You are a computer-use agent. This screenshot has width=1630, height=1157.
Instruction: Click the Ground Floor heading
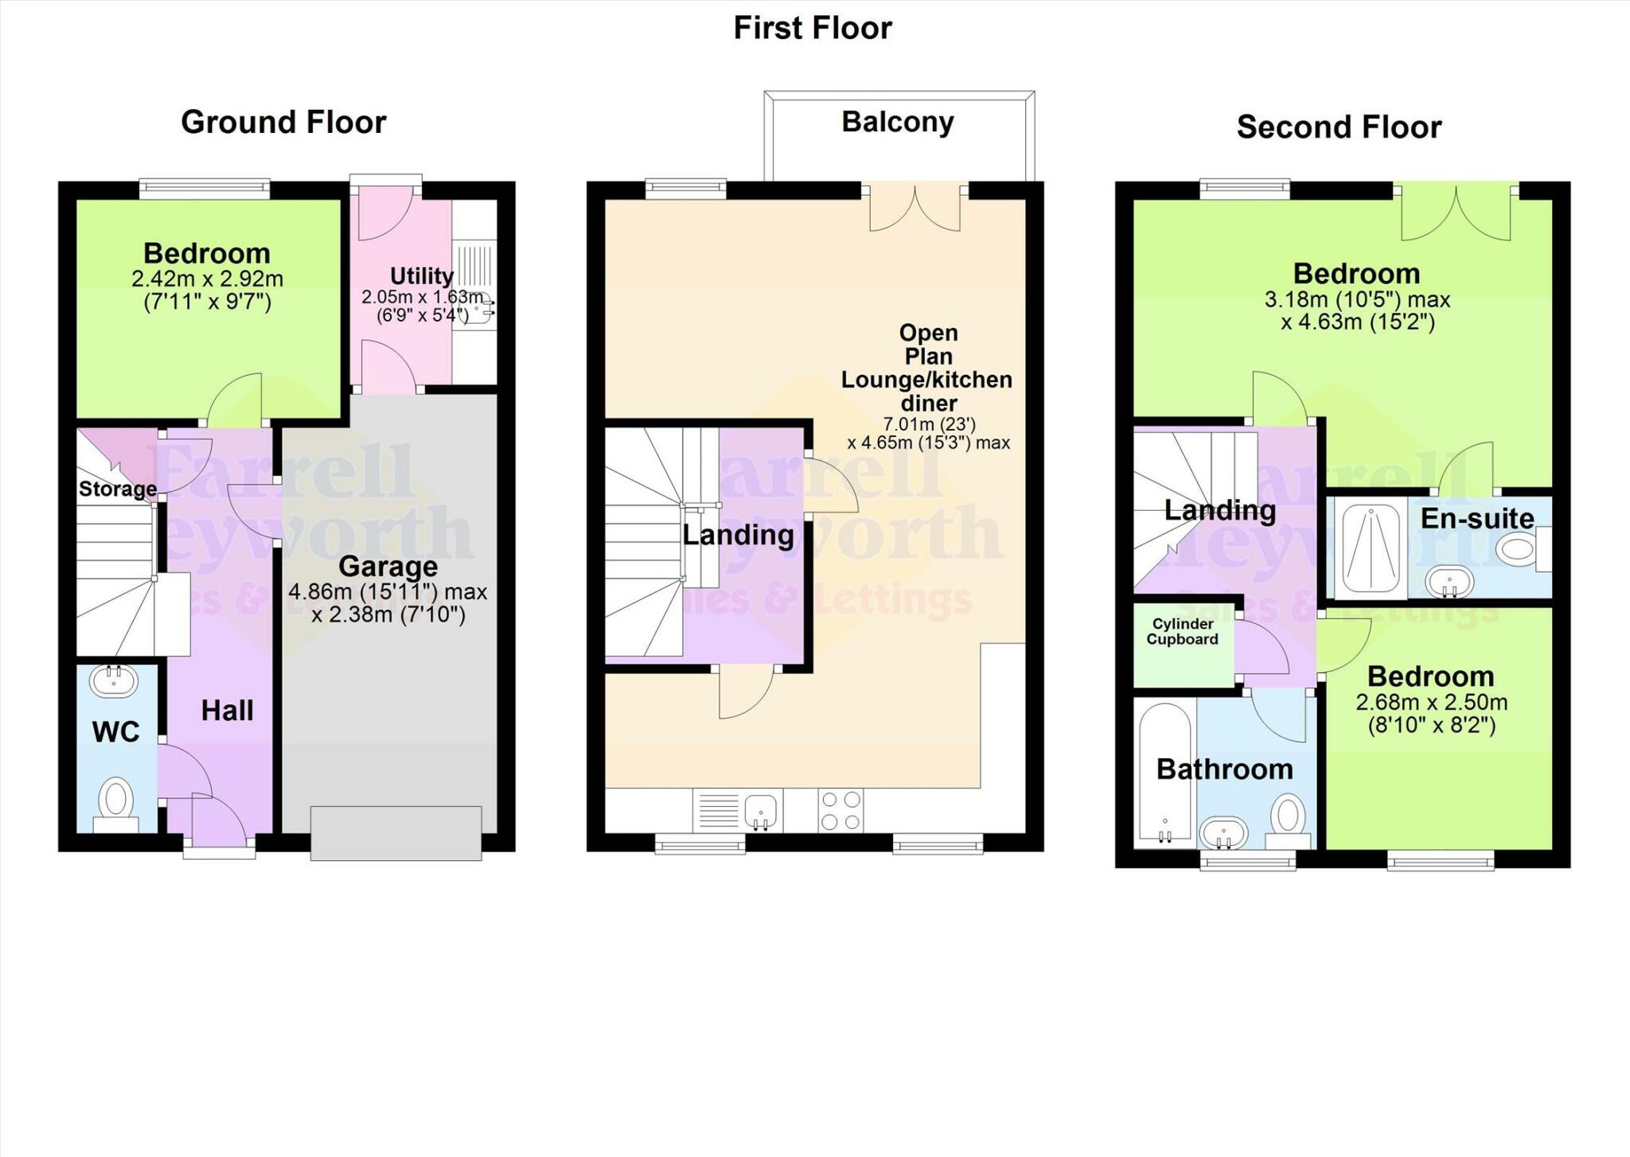click(283, 123)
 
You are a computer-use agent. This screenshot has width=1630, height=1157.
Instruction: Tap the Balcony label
click(898, 122)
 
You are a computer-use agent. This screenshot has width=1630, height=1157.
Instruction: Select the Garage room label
click(388, 567)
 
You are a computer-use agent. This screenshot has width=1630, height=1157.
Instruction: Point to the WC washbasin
click(114, 680)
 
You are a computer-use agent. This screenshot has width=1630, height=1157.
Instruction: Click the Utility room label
click(421, 276)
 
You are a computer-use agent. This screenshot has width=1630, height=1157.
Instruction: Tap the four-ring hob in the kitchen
click(840, 810)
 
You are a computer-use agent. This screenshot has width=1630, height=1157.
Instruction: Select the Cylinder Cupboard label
click(1182, 632)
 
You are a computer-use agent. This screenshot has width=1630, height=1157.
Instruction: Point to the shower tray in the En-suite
click(1371, 549)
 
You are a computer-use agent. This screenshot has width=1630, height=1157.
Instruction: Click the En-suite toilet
click(1519, 550)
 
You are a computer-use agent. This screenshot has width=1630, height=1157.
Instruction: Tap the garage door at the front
click(396, 833)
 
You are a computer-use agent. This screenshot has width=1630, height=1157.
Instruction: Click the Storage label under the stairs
click(117, 489)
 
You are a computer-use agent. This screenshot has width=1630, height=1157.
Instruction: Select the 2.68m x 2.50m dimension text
click(1431, 703)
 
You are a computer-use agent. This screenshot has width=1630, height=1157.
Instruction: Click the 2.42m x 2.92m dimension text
click(207, 279)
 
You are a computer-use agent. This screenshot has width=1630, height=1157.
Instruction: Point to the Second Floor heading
click(1339, 127)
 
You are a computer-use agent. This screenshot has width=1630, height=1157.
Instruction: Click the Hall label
click(227, 711)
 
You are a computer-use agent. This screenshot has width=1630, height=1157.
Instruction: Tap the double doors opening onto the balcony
click(914, 208)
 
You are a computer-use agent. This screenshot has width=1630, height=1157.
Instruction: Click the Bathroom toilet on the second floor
click(1288, 817)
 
